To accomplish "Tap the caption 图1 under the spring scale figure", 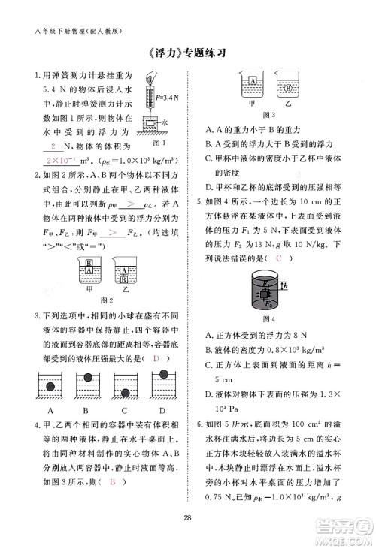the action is point(159,143).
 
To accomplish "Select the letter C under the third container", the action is point(127,411).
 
